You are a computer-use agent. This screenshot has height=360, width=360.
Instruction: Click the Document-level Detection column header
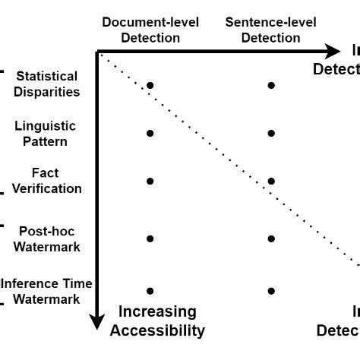150,30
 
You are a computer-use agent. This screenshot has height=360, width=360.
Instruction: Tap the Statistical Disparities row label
47,84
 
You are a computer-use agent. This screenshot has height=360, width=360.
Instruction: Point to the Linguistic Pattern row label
46,133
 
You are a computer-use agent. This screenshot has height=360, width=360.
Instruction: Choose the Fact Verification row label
46,181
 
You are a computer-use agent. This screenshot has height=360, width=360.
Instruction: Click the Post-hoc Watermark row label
47,238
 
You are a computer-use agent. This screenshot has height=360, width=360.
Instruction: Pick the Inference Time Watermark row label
47,291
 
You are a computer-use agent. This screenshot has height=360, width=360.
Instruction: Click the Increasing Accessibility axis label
157,321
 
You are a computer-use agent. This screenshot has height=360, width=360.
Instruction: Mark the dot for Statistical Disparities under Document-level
150,85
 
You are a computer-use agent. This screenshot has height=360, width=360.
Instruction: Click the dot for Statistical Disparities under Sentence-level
271,85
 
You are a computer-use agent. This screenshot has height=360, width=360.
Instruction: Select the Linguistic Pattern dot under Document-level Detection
150,133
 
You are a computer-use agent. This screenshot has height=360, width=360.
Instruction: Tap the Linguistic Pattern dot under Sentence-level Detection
271,133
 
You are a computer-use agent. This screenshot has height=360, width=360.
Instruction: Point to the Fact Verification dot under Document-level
150,181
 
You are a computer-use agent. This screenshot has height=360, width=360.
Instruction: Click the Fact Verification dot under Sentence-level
271,181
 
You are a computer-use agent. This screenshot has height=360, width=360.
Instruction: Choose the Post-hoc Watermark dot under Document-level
150,238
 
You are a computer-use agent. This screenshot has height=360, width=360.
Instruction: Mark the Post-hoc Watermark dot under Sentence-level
271,238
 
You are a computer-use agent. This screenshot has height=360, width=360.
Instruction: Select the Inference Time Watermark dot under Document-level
150,291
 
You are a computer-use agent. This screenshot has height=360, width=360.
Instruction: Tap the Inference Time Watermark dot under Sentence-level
271,291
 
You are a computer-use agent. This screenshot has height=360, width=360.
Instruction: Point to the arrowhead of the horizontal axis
333,51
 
